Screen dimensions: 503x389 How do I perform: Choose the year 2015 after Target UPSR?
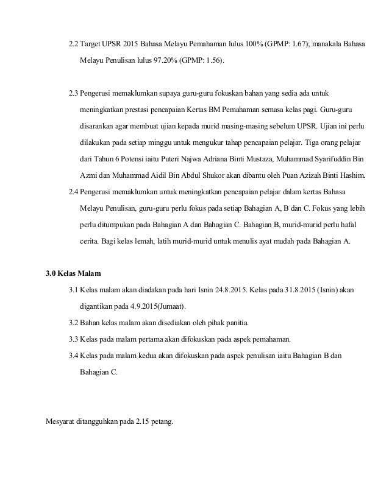coord(130,44)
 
